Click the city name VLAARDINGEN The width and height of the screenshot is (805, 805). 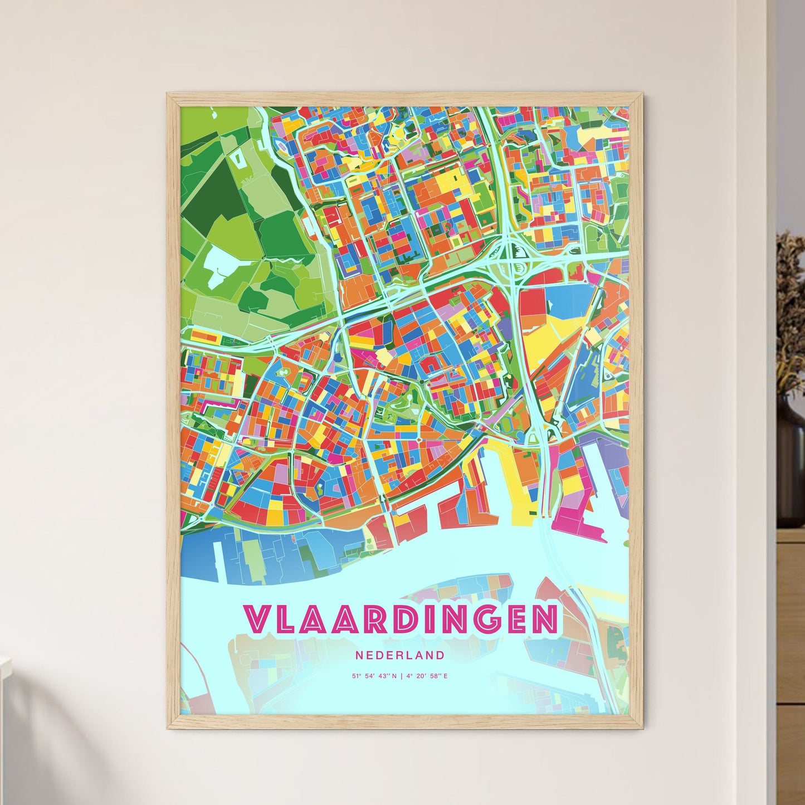click(401, 618)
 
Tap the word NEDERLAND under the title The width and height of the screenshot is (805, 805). click(400, 655)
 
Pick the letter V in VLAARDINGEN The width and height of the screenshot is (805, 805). click(258, 618)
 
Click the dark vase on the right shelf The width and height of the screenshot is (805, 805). click(791, 462)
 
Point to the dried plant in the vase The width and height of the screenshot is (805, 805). click(791, 312)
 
